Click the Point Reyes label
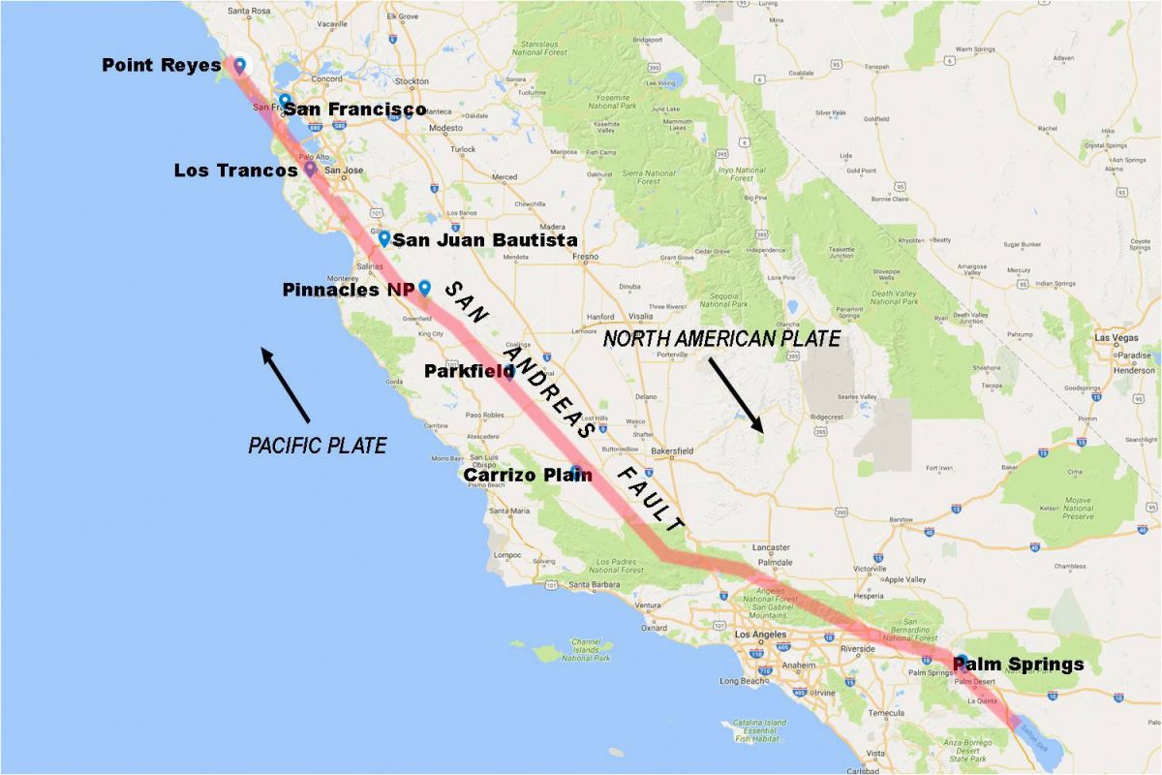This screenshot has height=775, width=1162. click(161, 66)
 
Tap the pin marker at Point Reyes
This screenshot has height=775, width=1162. click(238, 65)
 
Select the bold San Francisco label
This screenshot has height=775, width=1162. click(354, 109)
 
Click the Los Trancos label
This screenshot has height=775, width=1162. click(235, 170)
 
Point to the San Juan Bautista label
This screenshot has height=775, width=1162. click(485, 239)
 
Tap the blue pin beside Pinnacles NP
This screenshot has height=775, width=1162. click(424, 288)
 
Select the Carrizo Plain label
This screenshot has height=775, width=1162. click(528, 475)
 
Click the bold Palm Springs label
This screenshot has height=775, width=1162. click(1019, 665)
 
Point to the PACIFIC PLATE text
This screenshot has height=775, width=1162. click(318, 446)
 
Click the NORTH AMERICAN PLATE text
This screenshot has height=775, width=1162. click(721, 338)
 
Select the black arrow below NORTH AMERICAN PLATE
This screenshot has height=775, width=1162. click(735, 394)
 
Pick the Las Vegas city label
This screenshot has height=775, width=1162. click(1116, 338)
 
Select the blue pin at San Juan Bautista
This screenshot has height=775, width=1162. click(384, 238)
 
